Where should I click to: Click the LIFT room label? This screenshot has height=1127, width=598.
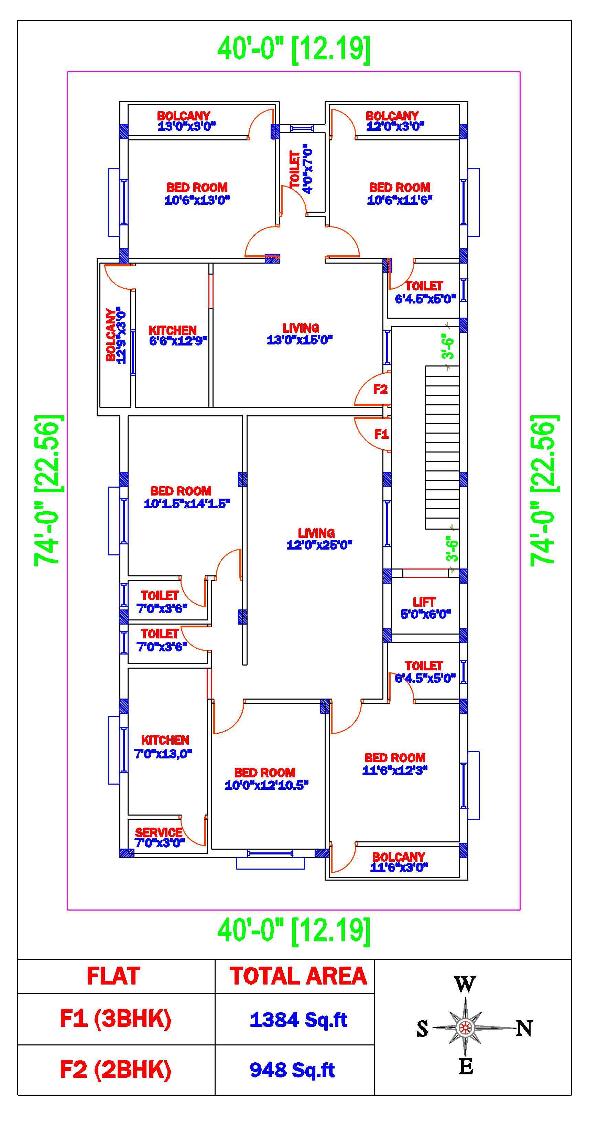424,602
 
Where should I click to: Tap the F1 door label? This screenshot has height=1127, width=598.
381,434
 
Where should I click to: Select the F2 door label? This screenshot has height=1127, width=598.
380,389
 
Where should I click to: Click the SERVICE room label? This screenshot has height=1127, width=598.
159,832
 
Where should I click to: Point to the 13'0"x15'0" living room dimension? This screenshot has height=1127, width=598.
300,340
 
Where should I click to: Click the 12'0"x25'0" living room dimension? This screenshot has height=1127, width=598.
319,545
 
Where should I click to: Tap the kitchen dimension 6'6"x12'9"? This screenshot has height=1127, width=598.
178,341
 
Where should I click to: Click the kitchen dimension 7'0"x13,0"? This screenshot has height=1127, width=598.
163,754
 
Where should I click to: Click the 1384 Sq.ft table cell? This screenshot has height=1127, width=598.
298,1020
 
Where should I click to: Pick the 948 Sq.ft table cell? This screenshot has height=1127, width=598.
292,1070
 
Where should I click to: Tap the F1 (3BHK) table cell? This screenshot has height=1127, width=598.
116,1019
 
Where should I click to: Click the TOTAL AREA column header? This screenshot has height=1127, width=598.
298,976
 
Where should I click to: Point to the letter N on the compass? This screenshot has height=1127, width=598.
524,1028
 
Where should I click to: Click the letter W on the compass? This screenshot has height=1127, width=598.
465,985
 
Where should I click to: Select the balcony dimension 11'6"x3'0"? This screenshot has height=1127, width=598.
399,868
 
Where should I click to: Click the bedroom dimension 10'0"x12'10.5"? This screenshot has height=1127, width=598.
267,785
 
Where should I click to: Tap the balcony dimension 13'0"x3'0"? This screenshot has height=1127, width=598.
187,126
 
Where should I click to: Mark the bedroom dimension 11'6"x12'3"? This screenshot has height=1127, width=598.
395,770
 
